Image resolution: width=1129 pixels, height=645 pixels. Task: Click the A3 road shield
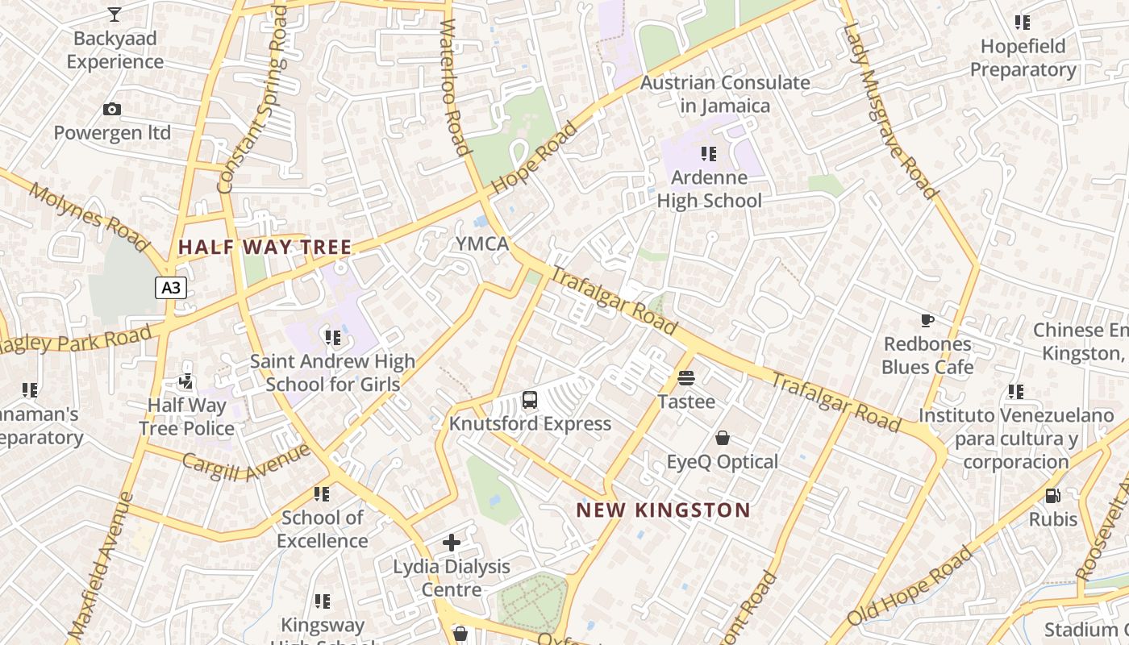click(x=170, y=288)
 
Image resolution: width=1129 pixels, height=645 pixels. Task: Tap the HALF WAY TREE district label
click(x=265, y=248)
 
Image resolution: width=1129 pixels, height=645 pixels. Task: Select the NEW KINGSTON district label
click(x=664, y=510)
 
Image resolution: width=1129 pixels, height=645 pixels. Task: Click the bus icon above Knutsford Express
click(x=530, y=399)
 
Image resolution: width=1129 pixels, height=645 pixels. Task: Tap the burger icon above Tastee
click(x=686, y=377)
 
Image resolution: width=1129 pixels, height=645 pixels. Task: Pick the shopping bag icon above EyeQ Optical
click(x=723, y=438)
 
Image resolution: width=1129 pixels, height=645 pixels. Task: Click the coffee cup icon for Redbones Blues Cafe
click(x=927, y=321)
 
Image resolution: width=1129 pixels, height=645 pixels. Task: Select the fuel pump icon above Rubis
click(x=1052, y=495)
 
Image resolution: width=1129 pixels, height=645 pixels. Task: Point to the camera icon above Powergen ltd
click(x=112, y=109)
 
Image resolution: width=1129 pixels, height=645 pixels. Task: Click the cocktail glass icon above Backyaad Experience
click(x=115, y=14)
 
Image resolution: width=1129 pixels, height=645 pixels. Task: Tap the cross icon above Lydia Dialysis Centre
click(x=452, y=543)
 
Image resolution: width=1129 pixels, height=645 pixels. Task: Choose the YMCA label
click(x=482, y=243)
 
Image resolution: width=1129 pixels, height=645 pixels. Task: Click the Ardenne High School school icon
click(x=709, y=153)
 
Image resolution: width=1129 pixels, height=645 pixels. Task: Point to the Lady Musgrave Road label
click(x=890, y=111)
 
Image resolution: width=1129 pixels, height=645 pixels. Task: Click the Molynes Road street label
click(x=89, y=216)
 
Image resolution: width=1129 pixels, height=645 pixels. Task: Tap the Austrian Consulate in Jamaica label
click(x=724, y=94)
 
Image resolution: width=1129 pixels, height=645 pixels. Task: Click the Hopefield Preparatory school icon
click(x=1023, y=22)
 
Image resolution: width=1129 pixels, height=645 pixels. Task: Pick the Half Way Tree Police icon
click(x=186, y=381)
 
